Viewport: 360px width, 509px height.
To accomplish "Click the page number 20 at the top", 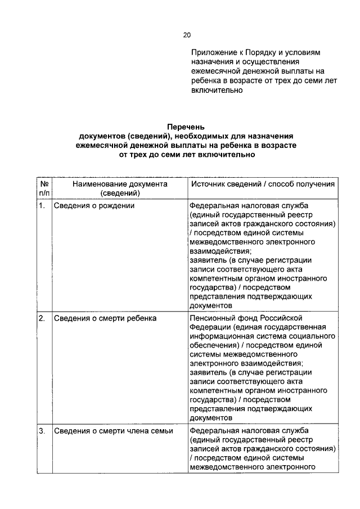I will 187,35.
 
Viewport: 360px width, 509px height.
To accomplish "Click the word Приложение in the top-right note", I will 213,52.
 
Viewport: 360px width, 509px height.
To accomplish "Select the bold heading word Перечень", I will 186,127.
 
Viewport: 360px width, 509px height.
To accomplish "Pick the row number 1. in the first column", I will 42,206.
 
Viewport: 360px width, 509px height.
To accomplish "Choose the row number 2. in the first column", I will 42,318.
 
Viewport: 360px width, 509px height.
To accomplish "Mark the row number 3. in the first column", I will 42,431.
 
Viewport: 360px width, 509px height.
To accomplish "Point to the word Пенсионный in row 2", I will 212,318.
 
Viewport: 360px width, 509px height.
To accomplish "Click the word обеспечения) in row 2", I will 214,345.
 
